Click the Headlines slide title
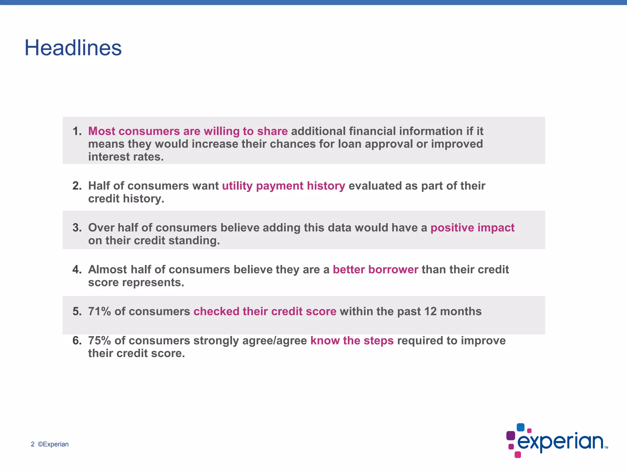[x=73, y=48]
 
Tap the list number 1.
[x=77, y=131]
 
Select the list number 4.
[x=77, y=270]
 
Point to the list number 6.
[x=77, y=341]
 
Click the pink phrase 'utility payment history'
[x=283, y=186]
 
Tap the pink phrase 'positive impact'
[x=472, y=228]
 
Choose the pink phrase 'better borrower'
[x=375, y=270]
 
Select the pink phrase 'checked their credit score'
[x=265, y=312]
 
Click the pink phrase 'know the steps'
[x=352, y=341]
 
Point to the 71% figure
[x=99, y=312]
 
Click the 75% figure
[x=99, y=341]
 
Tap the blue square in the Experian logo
[x=520, y=427]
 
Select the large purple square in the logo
[x=511, y=435]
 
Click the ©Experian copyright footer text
[x=53, y=444]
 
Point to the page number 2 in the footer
[x=33, y=444]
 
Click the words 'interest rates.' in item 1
[x=126, y=157]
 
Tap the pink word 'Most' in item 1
[x=102, y=131]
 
